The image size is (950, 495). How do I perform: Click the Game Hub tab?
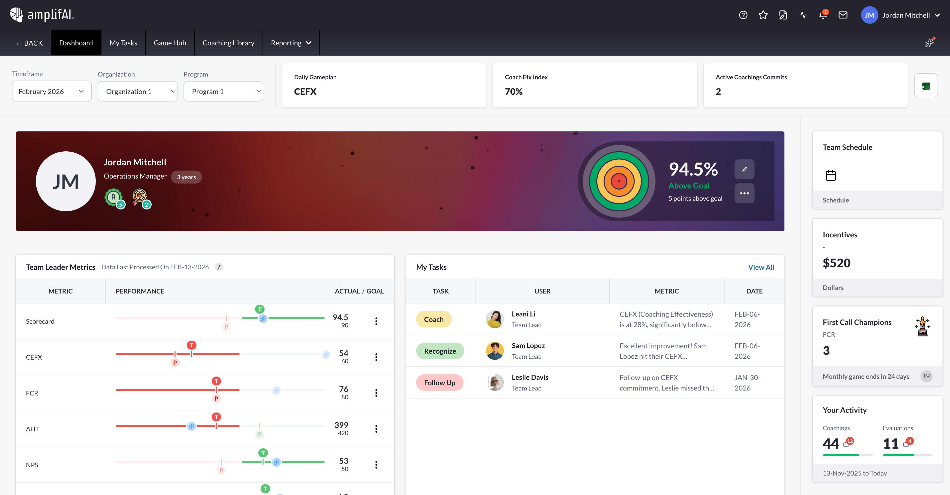click(170, 43)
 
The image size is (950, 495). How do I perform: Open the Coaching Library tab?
click(228, 43)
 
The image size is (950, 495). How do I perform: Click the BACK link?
click(29, 43)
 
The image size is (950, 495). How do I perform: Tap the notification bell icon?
click(823, 15)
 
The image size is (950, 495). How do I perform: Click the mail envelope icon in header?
click(843, 15)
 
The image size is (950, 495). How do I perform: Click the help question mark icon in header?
click(743, 15)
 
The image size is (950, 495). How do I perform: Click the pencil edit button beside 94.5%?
click(744, 169)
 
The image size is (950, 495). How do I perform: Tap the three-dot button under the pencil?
click(744, 193)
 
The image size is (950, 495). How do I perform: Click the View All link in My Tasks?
click(761, 267)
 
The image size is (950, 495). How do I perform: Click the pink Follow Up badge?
click(440, 383)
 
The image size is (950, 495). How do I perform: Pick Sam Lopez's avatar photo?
click(494, 351)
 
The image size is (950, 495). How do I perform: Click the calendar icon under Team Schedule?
click(831, 175)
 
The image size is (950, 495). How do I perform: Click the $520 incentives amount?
click(836, 263)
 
